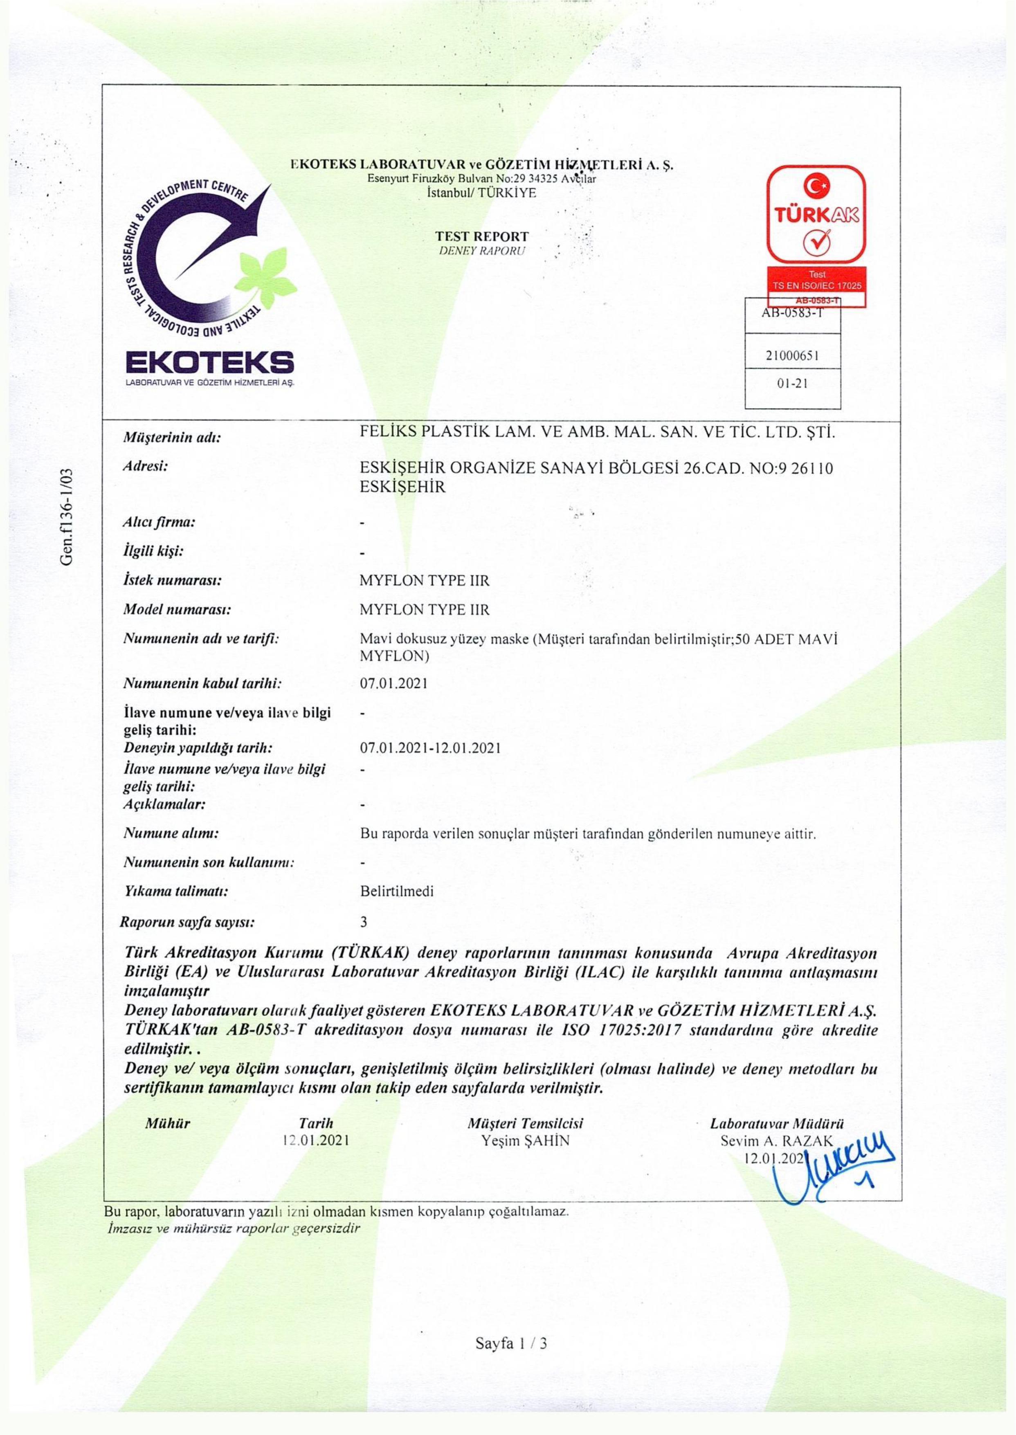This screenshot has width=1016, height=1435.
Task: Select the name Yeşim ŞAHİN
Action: [526, 1140]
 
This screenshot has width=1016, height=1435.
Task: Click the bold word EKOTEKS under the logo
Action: [209, 363]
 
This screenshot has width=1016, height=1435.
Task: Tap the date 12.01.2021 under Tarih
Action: [316, 1140]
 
